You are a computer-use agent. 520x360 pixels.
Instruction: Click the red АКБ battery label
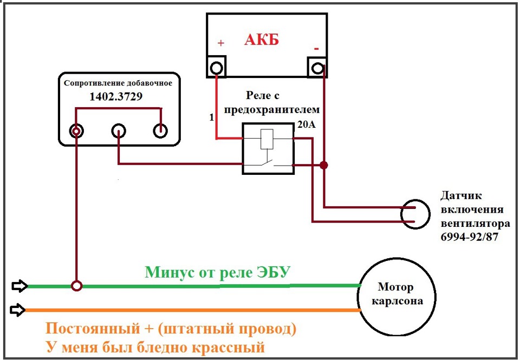(x=262, y=40)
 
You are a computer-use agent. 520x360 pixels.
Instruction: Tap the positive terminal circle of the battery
(x=216, y=68)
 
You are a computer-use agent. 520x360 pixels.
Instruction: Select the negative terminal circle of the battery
(x=317, y=68)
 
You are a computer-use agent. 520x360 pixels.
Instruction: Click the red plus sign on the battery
(x=221, y=43)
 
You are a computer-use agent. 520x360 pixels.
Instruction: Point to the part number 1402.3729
(x=116, y=96)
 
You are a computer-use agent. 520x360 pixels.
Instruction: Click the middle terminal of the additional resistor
(x=119, y=131)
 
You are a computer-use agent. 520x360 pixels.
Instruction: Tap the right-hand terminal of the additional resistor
(x=160, y=131)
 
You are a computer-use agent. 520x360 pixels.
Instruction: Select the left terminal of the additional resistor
(x=76, y=131)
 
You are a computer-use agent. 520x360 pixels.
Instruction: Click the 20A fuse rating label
(x=307, y=125)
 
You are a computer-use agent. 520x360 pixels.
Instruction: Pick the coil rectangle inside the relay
(x=267, y=139)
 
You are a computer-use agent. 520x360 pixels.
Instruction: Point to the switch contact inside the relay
(x=269, y=163)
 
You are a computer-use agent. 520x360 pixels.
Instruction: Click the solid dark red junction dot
(x=324, y=165)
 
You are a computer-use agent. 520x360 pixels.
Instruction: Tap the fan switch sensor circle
(x=415, y=214)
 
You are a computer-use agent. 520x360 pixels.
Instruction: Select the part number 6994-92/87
(x=470, y=237)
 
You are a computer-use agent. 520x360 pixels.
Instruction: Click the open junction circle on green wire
(x=76, y=285)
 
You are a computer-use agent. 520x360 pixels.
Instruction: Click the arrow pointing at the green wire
(x=20, y=286)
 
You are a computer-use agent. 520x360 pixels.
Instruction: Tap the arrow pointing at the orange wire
(x=18, y=310)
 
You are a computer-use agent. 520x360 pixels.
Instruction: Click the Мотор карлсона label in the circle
(x=397, y=294)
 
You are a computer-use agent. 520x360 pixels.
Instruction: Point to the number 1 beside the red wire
(x=212, y=117)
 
